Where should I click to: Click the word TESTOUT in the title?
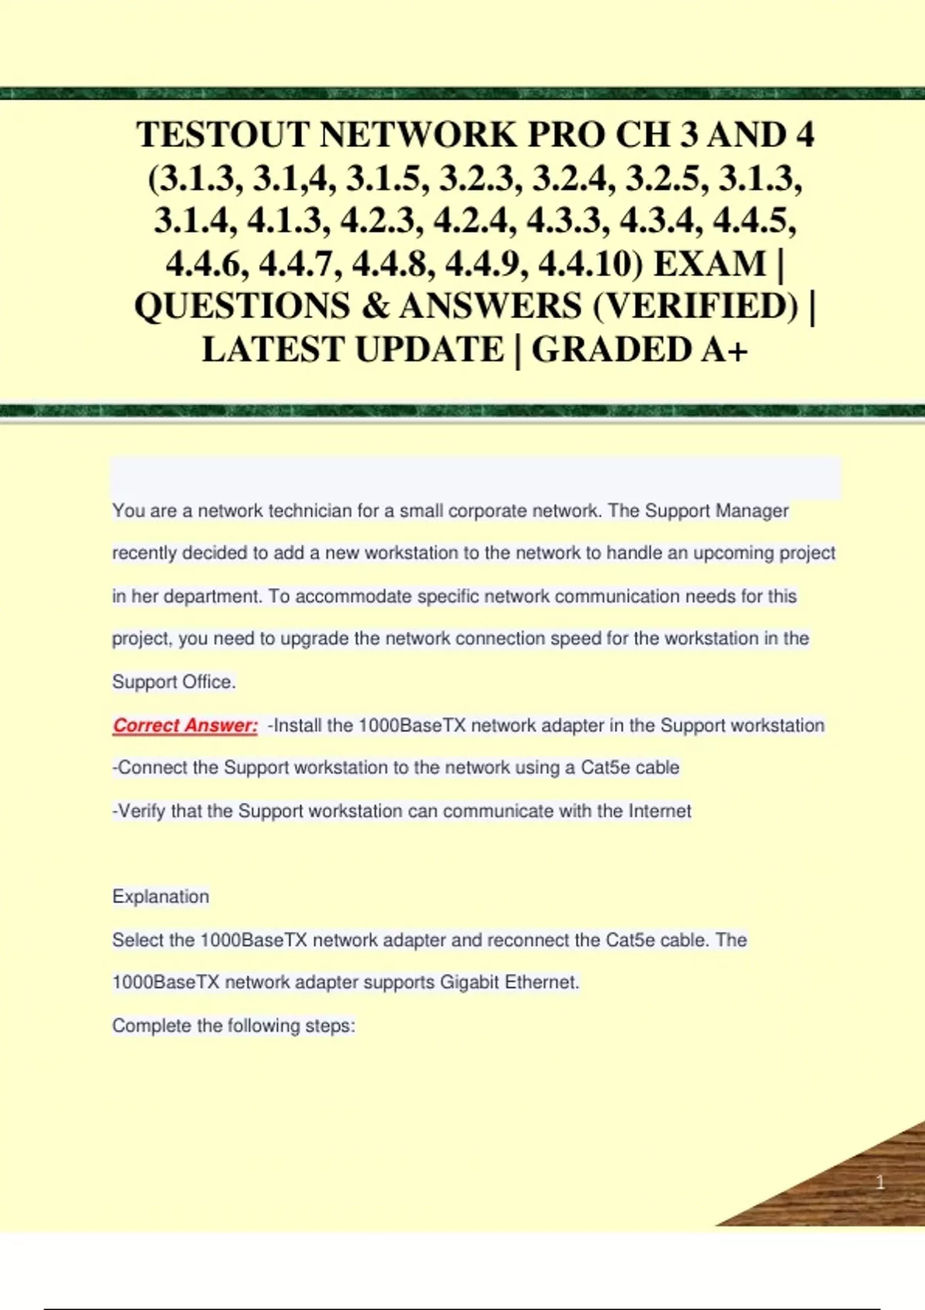point(223,135)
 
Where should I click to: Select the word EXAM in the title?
point(709,264)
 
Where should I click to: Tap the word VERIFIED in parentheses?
point(695,307)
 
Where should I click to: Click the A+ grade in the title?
point(725,350)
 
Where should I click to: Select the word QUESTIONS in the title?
point(242,307)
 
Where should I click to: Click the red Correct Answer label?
point(185,725)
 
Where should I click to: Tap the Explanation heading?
point(160,896)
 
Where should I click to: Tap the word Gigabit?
point(469,982)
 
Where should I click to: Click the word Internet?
point(660,811)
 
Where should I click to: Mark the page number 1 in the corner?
point(880,1182)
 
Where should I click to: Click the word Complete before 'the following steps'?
point(152,1026)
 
